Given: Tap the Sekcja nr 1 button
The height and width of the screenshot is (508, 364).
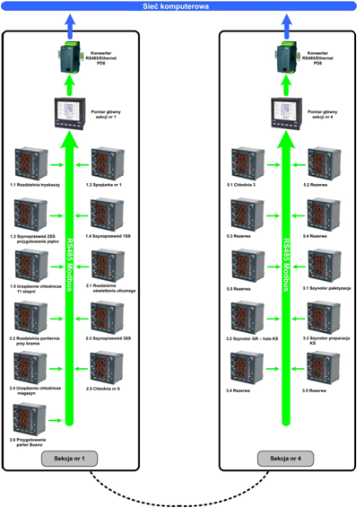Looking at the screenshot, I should (70, 458).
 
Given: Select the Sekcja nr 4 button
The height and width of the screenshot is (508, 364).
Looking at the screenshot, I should (286, 458).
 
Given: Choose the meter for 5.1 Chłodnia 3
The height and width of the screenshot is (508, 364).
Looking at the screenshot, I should (246, 162).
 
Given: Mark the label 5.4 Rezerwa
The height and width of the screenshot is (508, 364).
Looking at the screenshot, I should (318, 235).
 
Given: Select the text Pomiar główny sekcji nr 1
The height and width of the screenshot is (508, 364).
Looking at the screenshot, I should (112, 114).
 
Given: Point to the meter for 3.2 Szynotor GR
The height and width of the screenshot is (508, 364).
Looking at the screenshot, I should (246, 317).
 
